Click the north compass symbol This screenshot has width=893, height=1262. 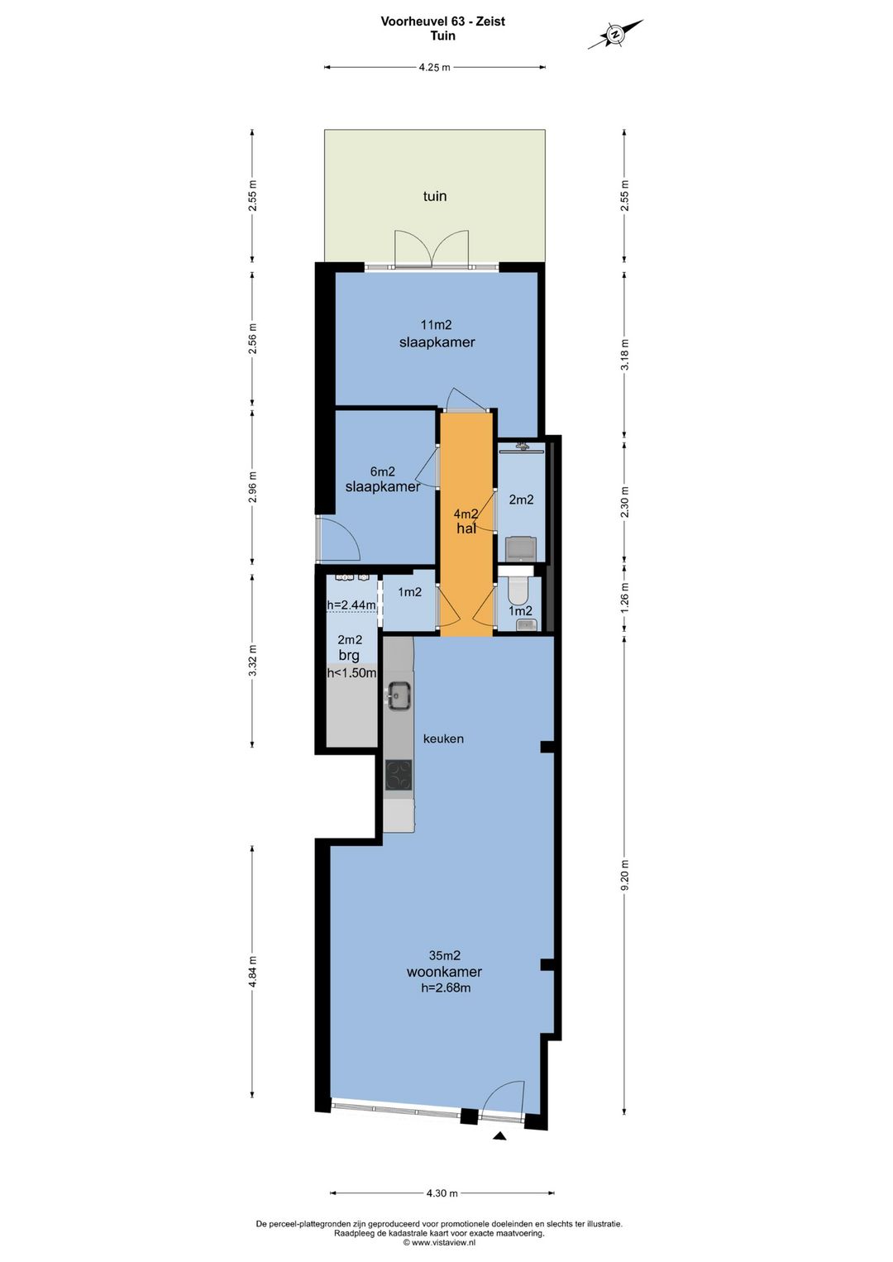click(x=615, y=35)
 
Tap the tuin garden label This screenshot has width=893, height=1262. click(x=434, y=196)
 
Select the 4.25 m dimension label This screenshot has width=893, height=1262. click(x=434, y=68)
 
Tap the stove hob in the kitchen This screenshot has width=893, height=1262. click(x=399, y=775)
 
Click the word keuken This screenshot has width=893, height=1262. click(x=443, y=739)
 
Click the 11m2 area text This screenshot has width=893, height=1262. click(x=436, y=325)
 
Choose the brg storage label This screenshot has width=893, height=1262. click(x=349, y=656)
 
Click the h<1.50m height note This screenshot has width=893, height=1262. click(x=351, y=672)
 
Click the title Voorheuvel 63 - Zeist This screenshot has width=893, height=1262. click(x=443, y=22)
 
